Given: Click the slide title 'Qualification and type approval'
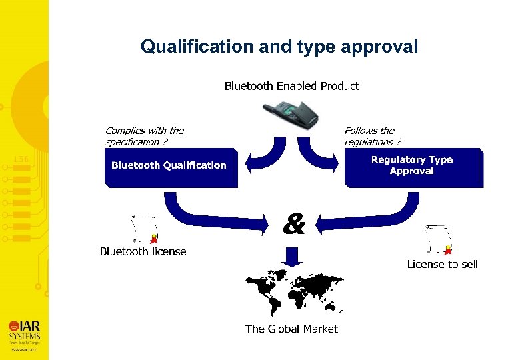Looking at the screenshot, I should [279, 47].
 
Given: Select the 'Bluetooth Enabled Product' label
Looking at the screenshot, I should [291, 86].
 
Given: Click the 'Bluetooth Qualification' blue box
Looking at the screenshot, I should [170, 167].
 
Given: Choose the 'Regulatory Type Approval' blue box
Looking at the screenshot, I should [413, 166].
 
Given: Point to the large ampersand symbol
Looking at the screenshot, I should [293, 225].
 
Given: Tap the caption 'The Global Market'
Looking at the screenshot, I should [291, 329].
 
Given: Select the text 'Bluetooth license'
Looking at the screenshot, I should [143, 251].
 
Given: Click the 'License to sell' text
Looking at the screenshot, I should [442, 264].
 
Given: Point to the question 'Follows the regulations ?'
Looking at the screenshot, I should [372, 137].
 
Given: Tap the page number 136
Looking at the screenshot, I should [21, 159].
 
